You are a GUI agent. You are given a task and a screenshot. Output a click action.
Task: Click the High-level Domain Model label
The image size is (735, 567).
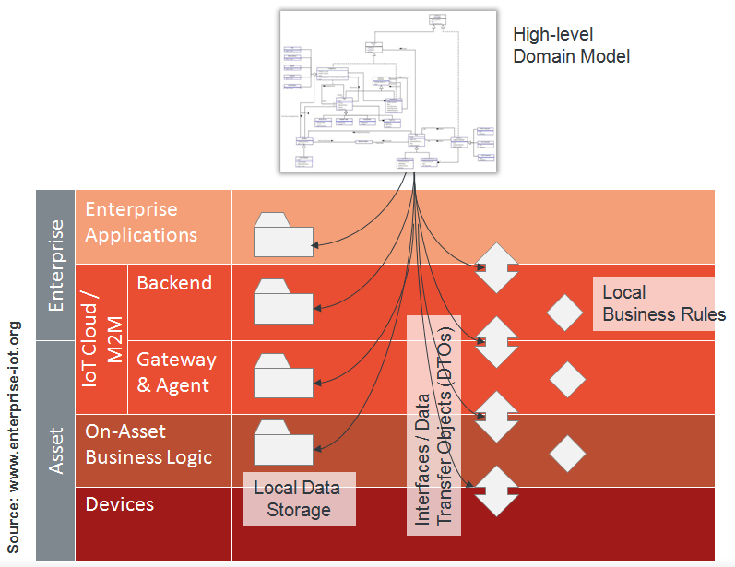(x=571, y=45)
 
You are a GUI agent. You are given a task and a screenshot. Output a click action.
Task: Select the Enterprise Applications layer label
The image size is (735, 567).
(x=141, y=222)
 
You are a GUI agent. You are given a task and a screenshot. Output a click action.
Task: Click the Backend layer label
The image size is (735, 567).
(x=174, y=282)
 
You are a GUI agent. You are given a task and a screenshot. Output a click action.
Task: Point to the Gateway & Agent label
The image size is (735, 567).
(x=176, y=372)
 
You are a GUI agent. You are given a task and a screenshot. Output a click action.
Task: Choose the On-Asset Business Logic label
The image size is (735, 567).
(x=148, y=443)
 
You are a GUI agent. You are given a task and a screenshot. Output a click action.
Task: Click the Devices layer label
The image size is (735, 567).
(x=120, y=504)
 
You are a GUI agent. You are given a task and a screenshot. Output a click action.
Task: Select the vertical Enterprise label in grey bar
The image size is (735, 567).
(x=55, y=264)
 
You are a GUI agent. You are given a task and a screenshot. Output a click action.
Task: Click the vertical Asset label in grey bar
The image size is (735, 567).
(x=55, y=450)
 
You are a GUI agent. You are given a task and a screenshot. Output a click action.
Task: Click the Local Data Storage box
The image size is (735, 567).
(x=299, y=498)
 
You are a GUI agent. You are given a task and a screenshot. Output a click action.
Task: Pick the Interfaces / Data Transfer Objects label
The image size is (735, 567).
(x=434, y=424)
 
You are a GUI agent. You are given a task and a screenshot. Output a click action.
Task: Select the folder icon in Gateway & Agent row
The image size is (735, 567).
(x=284, y=374)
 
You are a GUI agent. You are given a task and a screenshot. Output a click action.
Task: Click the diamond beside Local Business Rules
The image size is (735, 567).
(x=565, y=313)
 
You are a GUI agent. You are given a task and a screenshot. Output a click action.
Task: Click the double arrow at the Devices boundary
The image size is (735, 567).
(x=496, y=491)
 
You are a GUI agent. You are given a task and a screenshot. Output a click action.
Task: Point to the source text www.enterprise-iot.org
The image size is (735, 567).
(x=16, y=436)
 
